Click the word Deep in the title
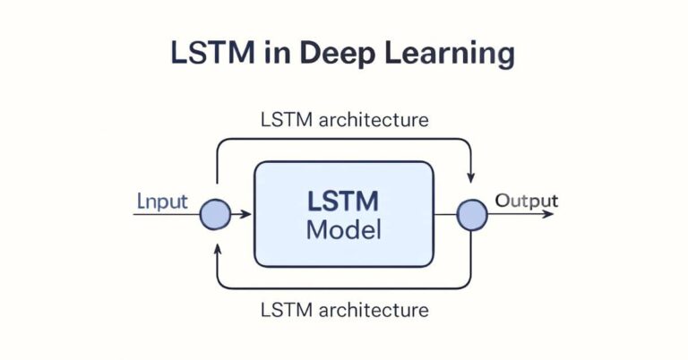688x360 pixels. point(346,54)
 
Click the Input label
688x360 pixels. point(162,201)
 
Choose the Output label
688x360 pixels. point(527,201)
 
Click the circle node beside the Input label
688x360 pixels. point(215,215)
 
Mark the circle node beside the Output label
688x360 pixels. point(472,215)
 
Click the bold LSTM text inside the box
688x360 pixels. point(344,201)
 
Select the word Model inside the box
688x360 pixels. point(344,229)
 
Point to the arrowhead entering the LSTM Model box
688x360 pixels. point(250,215)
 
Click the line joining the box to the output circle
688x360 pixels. point(445,215)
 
